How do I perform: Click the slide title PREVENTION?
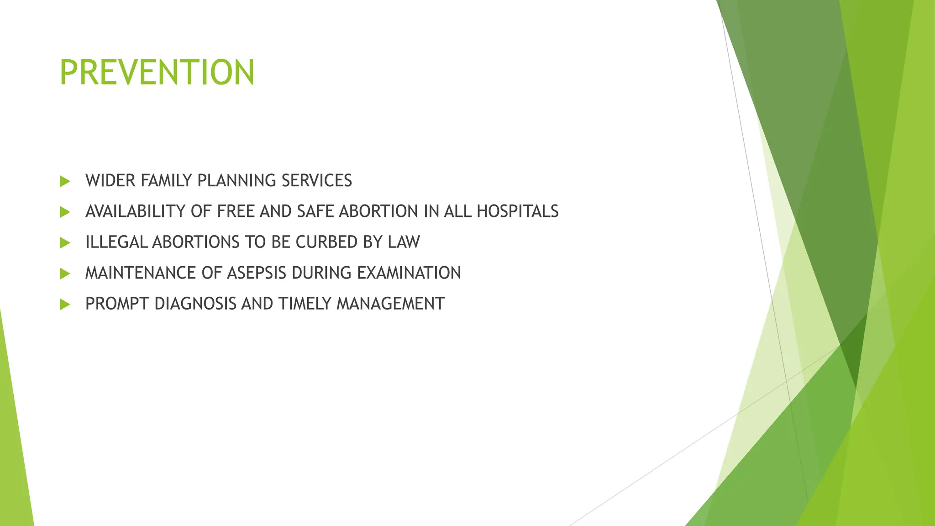click(157, 72)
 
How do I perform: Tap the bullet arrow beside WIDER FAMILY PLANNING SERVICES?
click(65, 181)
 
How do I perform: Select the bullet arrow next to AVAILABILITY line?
click(65, 212)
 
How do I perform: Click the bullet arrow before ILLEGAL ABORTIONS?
click(65, 242)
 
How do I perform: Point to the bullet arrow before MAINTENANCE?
click(65, 274)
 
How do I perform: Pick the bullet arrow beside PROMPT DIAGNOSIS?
click(65, 304)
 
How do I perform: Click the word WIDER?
click(110, 181)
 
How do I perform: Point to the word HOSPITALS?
click(517, 211)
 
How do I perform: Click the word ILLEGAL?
click(116, 242)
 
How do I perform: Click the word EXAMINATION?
click(409, 273)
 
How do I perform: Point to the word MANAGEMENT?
click(390, 304)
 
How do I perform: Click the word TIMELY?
click(305, 304)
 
